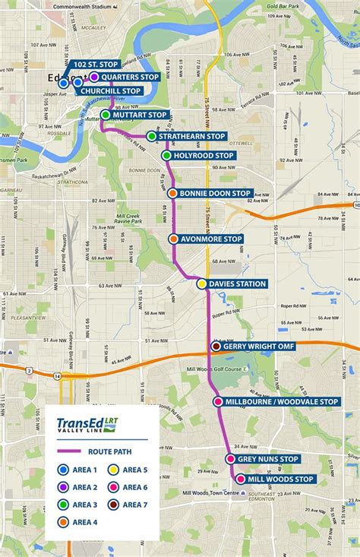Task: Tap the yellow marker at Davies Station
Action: pos(202,284)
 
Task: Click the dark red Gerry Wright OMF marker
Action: pos(216,347)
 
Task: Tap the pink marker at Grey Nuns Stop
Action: pos(230,459)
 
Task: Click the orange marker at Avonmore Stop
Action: pos(174,239)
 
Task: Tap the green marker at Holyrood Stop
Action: pos(167,156)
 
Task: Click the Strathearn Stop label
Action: pos(194,136)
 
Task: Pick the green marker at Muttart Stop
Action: pos(105,116)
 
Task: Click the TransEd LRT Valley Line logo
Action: pos(87,425)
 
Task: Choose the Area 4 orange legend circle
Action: pos(63,522)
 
